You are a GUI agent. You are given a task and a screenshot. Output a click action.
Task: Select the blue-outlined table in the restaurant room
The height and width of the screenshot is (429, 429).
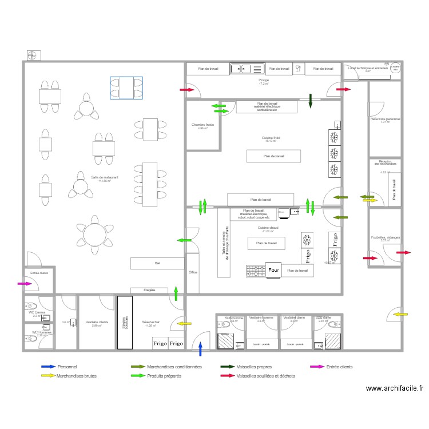tap(126, 88)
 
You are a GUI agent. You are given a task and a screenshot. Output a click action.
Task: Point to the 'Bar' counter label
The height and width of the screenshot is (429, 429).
tap(157, 264)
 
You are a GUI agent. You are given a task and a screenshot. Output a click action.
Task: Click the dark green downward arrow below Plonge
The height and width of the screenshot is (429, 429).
tap(310, 101)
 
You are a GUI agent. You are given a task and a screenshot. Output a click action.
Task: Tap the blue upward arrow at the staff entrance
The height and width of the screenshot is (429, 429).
tap(200, 348)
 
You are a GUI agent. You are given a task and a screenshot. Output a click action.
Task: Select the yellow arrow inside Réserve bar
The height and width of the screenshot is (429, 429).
tap(184, 324)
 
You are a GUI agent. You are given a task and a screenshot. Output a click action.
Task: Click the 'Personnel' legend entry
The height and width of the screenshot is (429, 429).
tap(68, 367)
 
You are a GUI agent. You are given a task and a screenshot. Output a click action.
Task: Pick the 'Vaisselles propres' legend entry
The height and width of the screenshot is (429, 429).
tap(256, 367)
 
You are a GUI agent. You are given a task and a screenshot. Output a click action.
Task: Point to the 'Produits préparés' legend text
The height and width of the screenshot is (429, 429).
tap(164, 376)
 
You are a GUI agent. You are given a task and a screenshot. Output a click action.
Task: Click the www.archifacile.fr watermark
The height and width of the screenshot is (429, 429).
tap(395, 388)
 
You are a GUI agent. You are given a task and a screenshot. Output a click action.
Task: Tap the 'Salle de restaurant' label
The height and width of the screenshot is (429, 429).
tap(105, 177)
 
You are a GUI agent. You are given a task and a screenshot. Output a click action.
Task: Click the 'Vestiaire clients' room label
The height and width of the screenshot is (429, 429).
tap(97, 323)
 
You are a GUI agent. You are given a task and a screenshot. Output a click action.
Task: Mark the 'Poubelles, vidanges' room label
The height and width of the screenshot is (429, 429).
tap(386, 237)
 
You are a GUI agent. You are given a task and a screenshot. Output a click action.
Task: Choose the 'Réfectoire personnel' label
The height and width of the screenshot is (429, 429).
tap(386, 119)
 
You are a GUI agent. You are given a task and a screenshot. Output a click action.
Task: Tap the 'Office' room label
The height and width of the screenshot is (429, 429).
tap(193, 272)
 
